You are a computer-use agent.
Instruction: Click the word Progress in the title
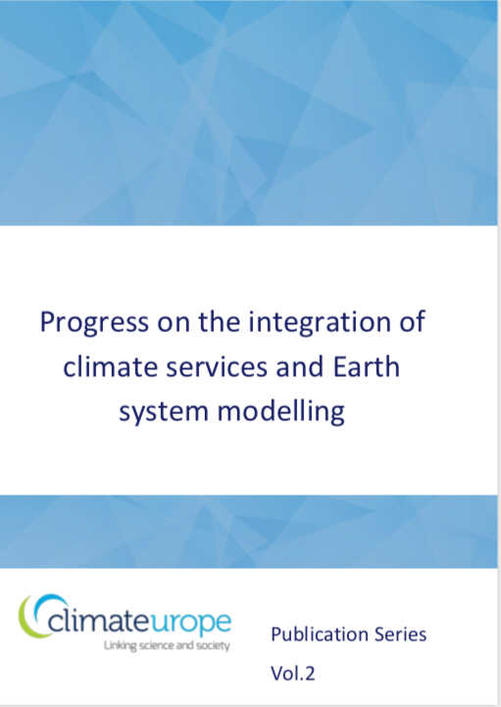[x=94, y=323]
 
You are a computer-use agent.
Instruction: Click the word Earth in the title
[x=367, y=367]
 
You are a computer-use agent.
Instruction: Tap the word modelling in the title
[x=281, y=411]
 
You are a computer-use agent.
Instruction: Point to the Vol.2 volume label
[x=292, y=673]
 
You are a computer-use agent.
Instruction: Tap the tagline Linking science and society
[x=167, y=645]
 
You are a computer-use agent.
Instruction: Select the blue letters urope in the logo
[x=190, y=624]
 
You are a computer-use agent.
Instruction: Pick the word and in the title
[x=300, y=367]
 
